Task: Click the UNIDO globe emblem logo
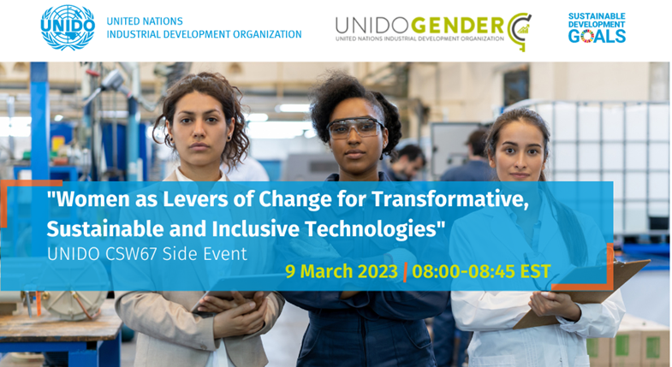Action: [x=68, y=27]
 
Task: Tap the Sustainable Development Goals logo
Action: [x=597, y=27]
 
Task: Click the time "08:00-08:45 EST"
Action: [x=482, y=273]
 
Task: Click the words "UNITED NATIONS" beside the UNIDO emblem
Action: [x=144, y=21]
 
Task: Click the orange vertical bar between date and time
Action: [x=405, y=273]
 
